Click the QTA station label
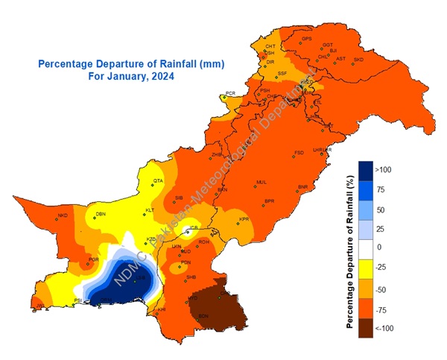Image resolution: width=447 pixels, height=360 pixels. point(158,181)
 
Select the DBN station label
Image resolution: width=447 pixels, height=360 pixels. point(100,215)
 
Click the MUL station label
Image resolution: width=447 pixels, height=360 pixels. point(261,182)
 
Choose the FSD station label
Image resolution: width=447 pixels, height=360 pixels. point(299,153)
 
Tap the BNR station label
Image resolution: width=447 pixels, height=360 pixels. point(302,186)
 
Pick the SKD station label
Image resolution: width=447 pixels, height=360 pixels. point(358,59)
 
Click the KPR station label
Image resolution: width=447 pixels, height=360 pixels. point(244,219)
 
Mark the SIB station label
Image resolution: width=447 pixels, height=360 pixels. point(179,198)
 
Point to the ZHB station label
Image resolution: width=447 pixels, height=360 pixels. point(217,154)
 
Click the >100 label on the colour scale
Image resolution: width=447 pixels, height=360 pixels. point(384,170)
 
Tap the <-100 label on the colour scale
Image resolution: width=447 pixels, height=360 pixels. point(384,329)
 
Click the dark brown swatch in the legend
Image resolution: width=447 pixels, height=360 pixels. point(366,329)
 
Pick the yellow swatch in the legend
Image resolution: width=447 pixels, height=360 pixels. point(366,266)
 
